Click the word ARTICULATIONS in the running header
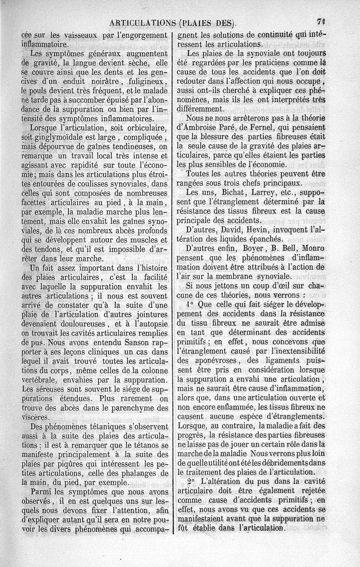click(142, 22)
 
